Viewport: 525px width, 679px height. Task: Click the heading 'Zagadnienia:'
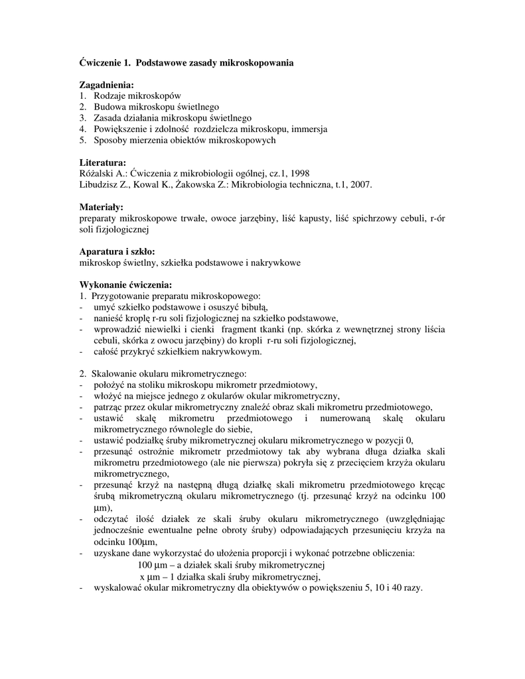[106, 85]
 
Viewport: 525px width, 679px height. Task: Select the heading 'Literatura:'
[103, 162]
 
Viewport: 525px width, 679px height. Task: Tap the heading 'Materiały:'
[102, 207]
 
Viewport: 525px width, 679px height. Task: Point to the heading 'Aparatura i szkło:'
[117, 252]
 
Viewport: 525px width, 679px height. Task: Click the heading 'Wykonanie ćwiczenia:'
[125, 285]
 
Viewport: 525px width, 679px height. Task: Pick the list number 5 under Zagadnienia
[83, 140]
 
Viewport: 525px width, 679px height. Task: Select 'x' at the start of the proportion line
[141, 577]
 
